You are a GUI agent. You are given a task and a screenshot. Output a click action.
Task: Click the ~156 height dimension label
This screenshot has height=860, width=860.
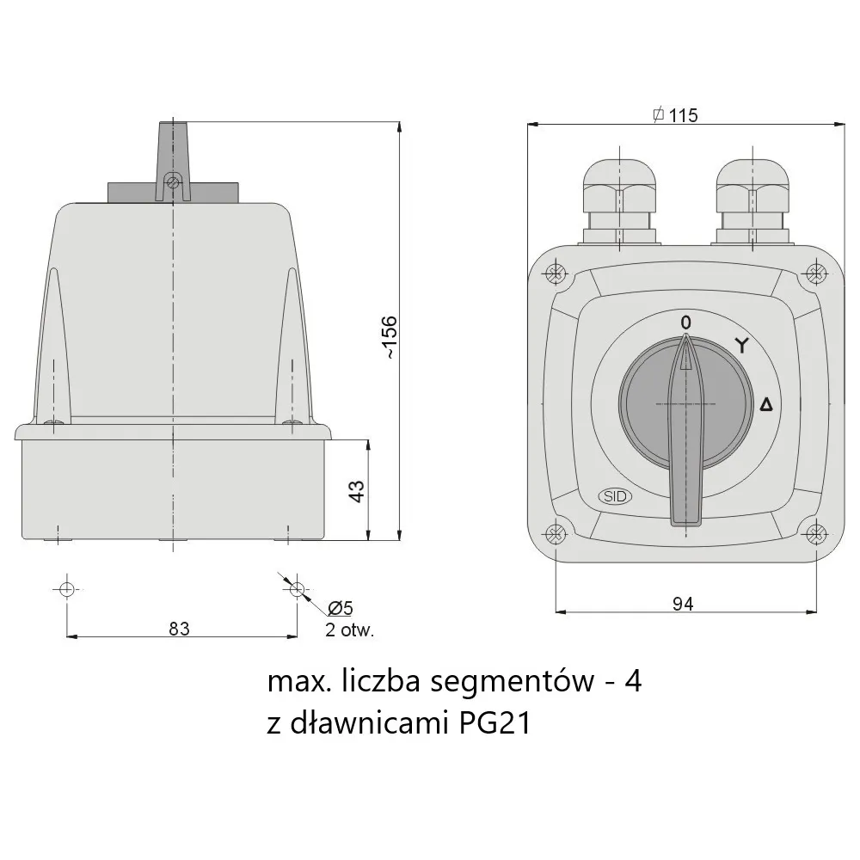pos(389,337)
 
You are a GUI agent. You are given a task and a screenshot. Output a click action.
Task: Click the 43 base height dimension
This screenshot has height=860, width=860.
pos(356,490)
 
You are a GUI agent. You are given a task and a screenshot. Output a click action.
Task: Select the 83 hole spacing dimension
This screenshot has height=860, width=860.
pos(179,629)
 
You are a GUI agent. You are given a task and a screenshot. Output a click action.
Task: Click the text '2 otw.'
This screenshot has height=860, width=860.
pos(349,630)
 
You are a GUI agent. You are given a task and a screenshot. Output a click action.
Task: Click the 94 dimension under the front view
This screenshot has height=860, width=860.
pos(682,604)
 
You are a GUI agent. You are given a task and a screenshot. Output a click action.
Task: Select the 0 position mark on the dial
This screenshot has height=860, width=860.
pos(685,322)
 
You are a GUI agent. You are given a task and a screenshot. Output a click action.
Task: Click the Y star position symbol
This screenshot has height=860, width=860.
pos(740,346)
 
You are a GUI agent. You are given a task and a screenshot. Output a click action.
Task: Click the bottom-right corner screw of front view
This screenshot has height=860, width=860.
pos(814,533)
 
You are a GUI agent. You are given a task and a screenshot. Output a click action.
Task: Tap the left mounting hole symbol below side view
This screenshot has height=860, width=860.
pos(67,589)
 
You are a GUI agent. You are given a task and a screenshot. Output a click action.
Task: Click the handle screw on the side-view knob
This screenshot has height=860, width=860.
pos(173,181)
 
